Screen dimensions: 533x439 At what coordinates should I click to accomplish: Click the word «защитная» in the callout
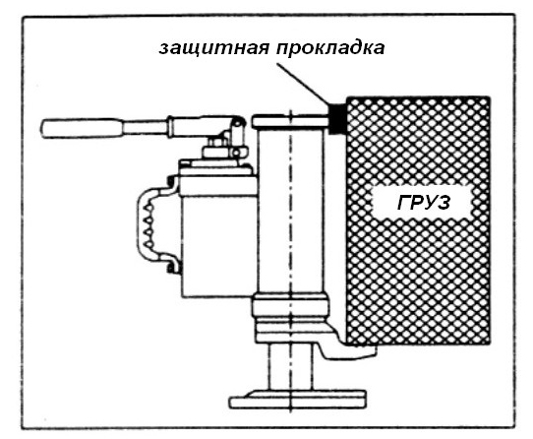click(213, 48)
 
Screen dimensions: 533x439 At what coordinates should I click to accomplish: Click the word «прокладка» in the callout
click(330, 48)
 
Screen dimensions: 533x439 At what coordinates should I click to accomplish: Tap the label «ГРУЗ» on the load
click(424, 203)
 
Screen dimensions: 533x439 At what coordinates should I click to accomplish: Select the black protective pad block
click(336, 118)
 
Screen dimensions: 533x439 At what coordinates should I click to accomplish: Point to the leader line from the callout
click(304, 84)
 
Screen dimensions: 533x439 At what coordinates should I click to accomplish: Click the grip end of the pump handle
click(82, 128)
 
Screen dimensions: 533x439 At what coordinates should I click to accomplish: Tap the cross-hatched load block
click(418, 221)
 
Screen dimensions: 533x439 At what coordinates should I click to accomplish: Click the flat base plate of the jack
click(298, 400)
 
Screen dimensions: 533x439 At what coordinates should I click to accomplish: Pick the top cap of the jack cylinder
click(291, 121)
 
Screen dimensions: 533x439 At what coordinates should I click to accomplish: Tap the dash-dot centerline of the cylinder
click(290, 260)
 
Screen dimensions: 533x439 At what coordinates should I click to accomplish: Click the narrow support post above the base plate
click(290, 367)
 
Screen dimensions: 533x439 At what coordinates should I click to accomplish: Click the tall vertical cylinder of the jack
click(291, 211)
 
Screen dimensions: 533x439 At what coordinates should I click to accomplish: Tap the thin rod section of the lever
click(146, 127)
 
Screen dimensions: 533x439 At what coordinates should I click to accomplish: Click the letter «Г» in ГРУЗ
click(403, 203)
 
